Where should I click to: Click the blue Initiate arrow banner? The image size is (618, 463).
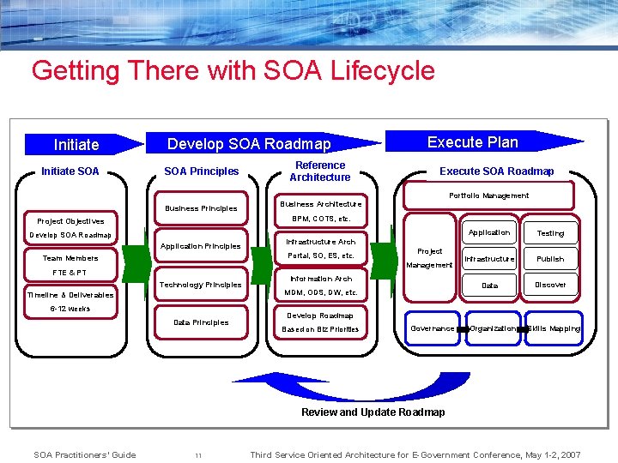[82, 145]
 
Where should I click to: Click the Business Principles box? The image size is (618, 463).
[201, 208]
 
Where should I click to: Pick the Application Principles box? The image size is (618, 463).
[201, 246]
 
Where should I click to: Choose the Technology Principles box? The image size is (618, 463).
[201, 285]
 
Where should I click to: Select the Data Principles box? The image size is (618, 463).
[201, 322]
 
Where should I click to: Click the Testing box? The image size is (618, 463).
[550, 233]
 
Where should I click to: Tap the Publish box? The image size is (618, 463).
[550, 259]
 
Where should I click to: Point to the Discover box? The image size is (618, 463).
[550, 285]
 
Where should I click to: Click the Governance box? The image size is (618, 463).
[433, 328]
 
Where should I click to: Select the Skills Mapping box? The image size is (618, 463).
[554, 328]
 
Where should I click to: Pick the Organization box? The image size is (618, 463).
[493, 328]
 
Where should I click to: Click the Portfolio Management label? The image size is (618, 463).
[488, 195]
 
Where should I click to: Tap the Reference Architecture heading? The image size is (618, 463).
[319, 171]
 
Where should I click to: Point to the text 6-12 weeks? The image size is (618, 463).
[70, 309]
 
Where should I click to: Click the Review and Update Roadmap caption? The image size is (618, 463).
[373, 412]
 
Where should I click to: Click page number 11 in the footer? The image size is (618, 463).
[197, 455]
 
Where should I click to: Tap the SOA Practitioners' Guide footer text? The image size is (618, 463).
[84, 454]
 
